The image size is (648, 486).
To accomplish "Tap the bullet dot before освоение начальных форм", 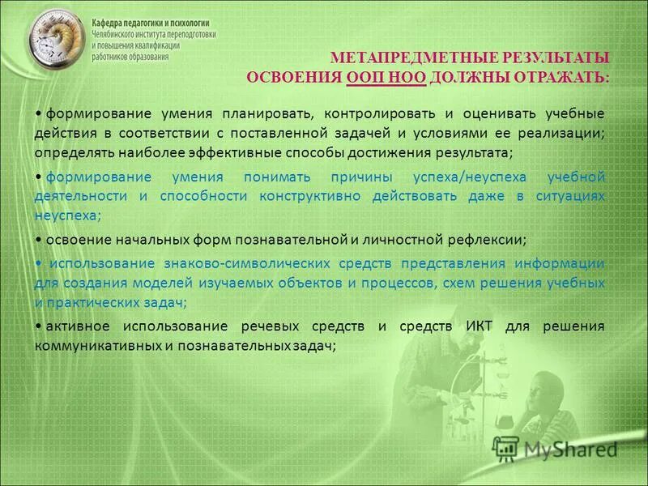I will pyautogui.click(x=39, y=240).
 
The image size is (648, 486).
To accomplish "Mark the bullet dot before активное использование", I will pyautogui.click(x=39, y=326).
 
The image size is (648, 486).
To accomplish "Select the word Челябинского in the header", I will pyautogui.click(x=120, y=36).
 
